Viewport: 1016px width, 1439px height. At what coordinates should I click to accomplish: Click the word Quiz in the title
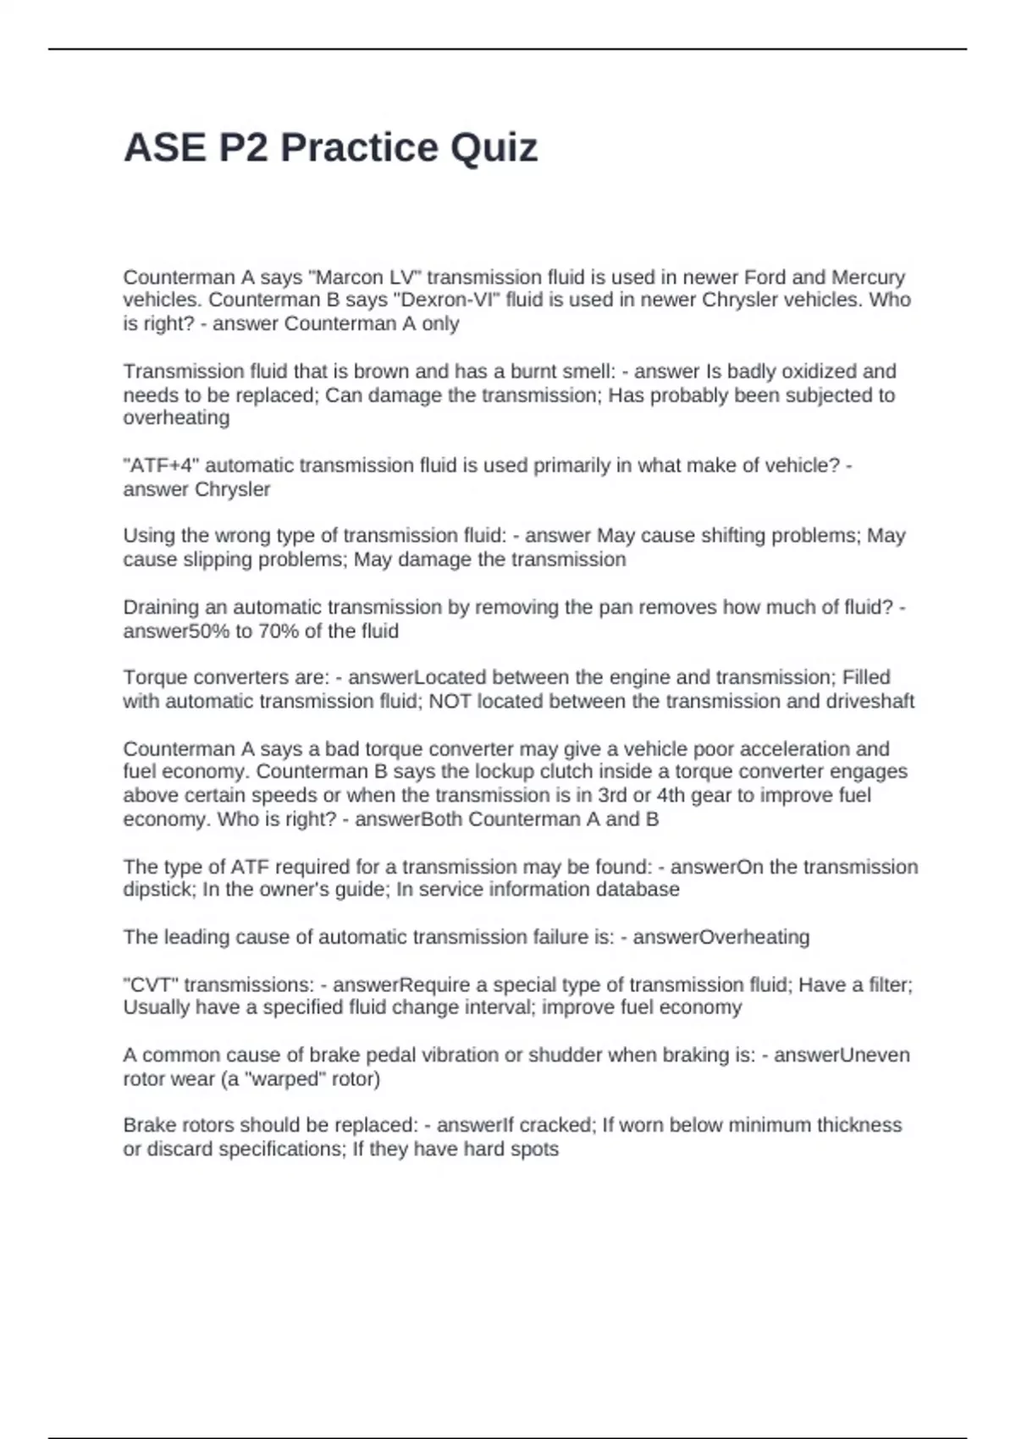[x=494, y=148]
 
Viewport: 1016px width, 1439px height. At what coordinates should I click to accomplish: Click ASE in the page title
[x=165, y=148]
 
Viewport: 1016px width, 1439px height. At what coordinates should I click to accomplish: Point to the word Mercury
[x=869, y=278]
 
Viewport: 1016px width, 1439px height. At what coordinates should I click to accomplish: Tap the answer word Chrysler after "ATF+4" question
[x=233, y=489]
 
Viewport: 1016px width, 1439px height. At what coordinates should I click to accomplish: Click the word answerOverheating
[x=721, y=937]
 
